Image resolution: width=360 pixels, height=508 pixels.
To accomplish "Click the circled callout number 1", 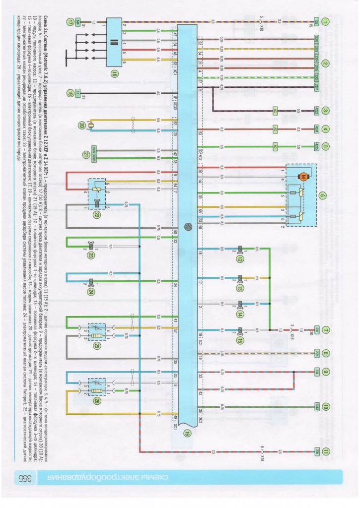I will click(325, 21).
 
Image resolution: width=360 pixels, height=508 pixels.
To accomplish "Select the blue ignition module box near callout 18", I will click(114, 43).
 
